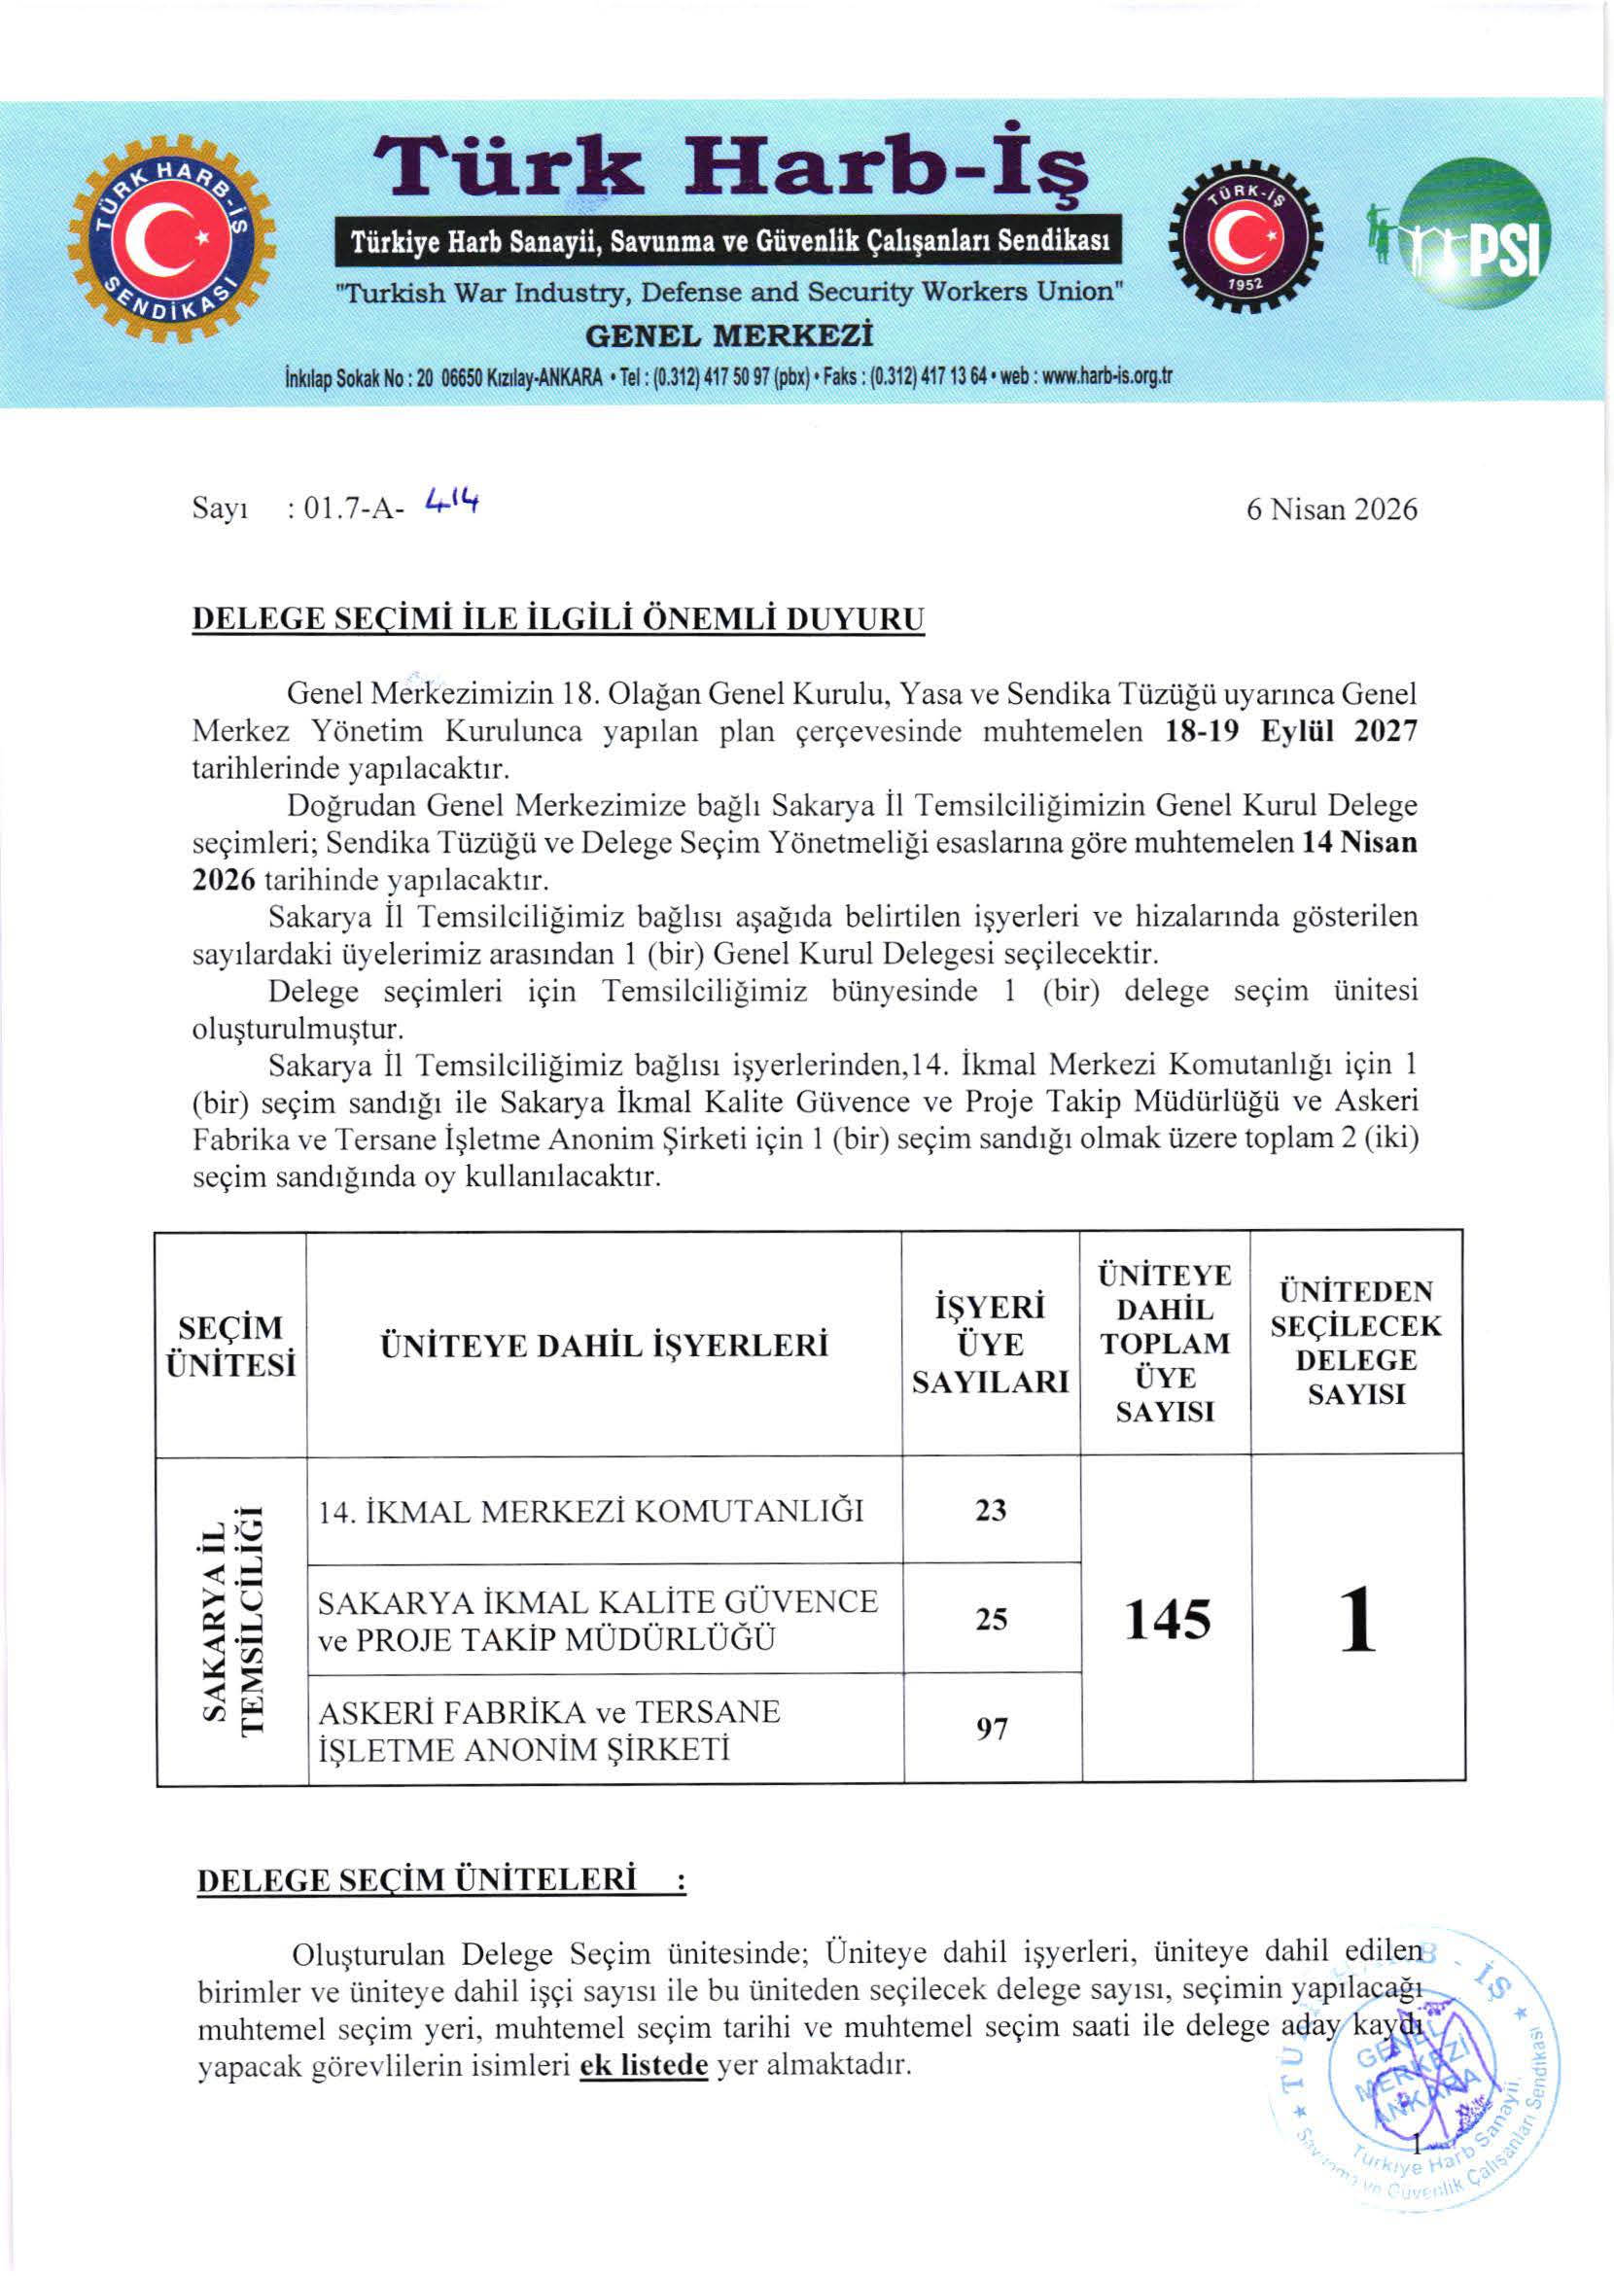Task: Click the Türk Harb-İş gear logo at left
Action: point(171,239)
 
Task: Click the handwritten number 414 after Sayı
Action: point(450,502)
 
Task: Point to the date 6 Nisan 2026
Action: point(1331,508)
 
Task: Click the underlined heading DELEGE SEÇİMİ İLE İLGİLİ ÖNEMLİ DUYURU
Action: point(557,619)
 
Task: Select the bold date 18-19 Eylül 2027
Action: point(1291,731)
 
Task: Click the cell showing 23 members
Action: point(991,1510)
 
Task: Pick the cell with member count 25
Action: point(991,1619)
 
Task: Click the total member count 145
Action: point(1167,1619)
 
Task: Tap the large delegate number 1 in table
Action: point(1357,1619)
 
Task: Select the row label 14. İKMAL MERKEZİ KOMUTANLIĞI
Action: point(590,1511)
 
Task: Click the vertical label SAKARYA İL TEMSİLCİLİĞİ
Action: point(231,1620)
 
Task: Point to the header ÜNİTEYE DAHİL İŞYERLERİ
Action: point(603,1345)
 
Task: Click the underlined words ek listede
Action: point(643,2065)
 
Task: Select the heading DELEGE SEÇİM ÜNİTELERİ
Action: point(416,1880)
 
